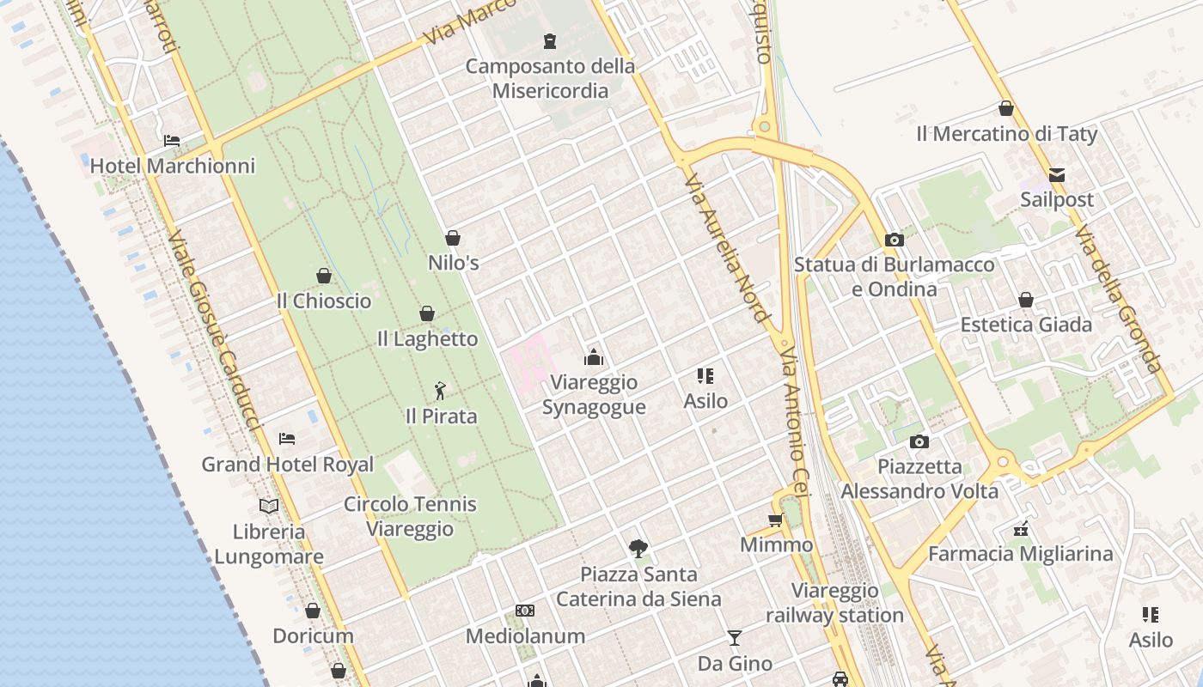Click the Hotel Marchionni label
tap(173, 166)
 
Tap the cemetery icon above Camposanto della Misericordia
tap(549, 40)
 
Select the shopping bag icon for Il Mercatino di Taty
tap(1005, 109)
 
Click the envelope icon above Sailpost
tap(1056, 175)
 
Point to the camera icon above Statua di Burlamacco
tap(895, 240)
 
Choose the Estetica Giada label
tap(1026, 325)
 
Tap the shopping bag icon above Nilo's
tap(453, 238)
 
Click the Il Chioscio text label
tap(324, 301)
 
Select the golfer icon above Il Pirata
tap(441, 391)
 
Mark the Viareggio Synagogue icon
tap(593, 357)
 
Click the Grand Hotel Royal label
tap(287, 465)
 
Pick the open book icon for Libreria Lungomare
tap(269, 506)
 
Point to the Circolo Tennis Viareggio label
tap(410, 516)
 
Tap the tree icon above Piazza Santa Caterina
tap(638, 548)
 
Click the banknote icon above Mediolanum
tap(524, 611)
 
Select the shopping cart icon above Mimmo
tap(776, 520)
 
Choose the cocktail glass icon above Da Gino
tap(734, 637)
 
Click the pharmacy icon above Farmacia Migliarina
tap(1021, 529)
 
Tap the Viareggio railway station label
tap(834, 603)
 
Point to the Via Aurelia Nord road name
tap(726, 248)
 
